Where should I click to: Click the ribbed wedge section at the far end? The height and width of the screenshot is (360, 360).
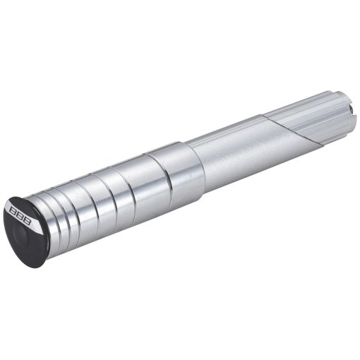(318, 116)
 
